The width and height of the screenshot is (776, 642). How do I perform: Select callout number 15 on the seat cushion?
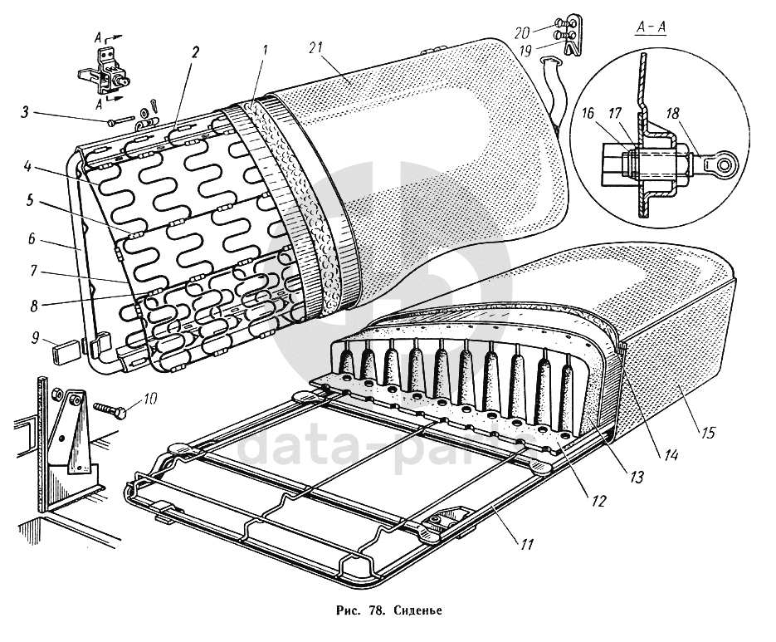click(707, 432)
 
